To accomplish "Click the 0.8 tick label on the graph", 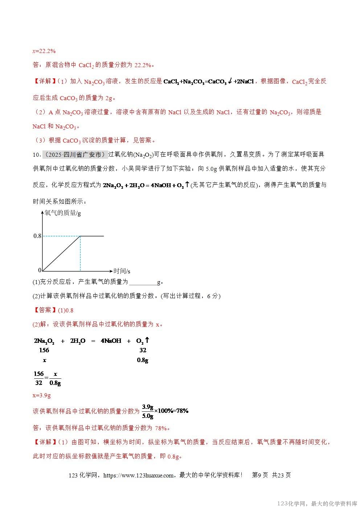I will point(37,236).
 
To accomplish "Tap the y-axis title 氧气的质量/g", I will point(62,213).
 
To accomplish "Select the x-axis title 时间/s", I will point(122,271).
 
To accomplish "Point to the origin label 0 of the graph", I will point(40,270).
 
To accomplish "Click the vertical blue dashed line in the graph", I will point(80,254).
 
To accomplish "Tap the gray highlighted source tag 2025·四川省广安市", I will point(75,155).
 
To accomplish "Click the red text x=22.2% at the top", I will point(44,51).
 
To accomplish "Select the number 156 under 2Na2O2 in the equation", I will point(44,350).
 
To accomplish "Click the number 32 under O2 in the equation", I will point(143,350).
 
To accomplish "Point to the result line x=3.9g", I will point(42,395).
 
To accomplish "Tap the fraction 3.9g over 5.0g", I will point(147,411).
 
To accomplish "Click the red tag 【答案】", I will point(45,310).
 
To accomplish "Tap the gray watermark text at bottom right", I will point(317,504).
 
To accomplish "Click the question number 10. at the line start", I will point(37,155).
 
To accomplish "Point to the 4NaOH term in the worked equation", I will point(111,341).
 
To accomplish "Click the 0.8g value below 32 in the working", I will point(142,360).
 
